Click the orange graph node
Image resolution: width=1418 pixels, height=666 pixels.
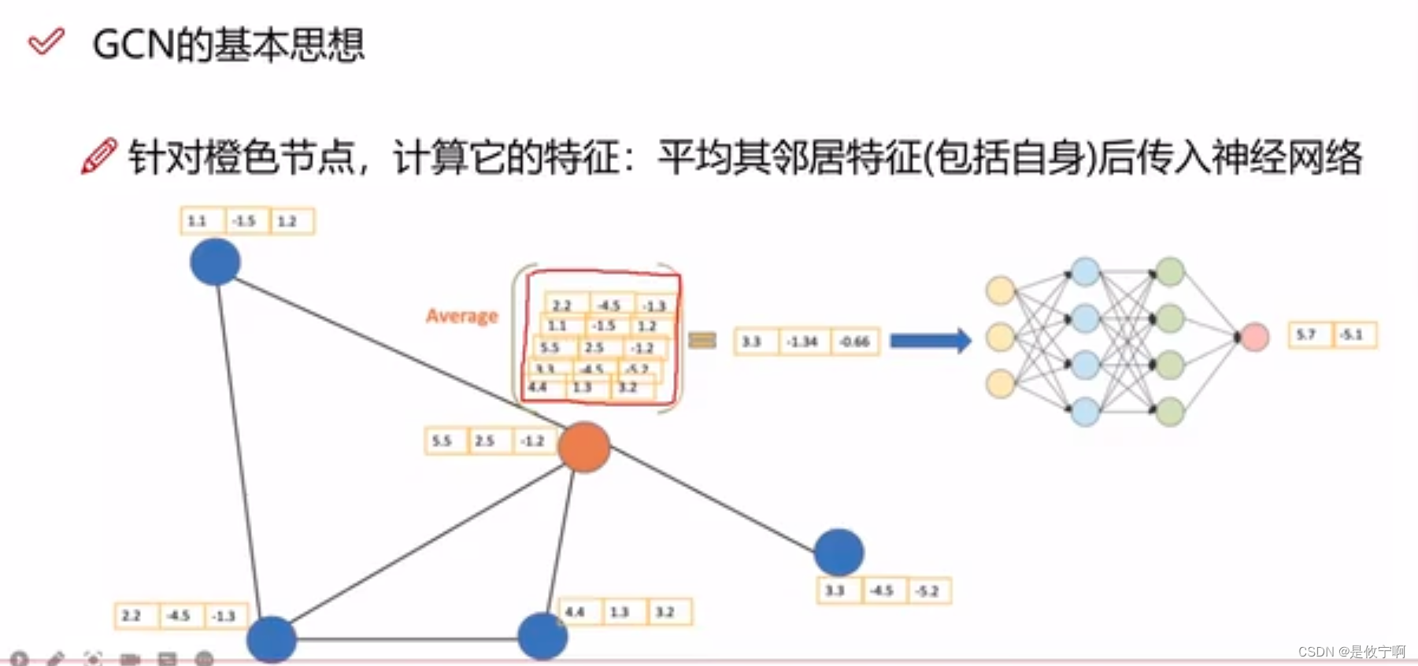pos(583,446)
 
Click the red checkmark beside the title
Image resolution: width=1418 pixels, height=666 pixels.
pos(46,41)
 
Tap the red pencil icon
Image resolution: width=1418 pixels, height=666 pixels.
pos(99,155)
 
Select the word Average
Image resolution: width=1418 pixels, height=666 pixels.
pos(462,316)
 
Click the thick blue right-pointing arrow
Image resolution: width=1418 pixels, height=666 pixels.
pos(930,341)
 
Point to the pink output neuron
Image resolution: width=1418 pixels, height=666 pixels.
pos(1254,337)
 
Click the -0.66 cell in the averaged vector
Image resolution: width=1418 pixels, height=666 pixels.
pos(854,342)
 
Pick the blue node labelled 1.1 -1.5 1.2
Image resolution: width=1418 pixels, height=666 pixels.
pos(215,261)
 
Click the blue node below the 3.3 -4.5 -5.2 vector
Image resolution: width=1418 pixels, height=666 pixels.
pos(839,552)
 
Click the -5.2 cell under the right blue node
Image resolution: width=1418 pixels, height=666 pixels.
pos(928,591)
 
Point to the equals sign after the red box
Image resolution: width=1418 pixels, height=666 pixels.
pos(702,340)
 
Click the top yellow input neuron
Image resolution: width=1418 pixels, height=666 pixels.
pos(1000,290)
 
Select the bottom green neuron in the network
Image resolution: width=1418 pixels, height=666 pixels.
pos(1170,411)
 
